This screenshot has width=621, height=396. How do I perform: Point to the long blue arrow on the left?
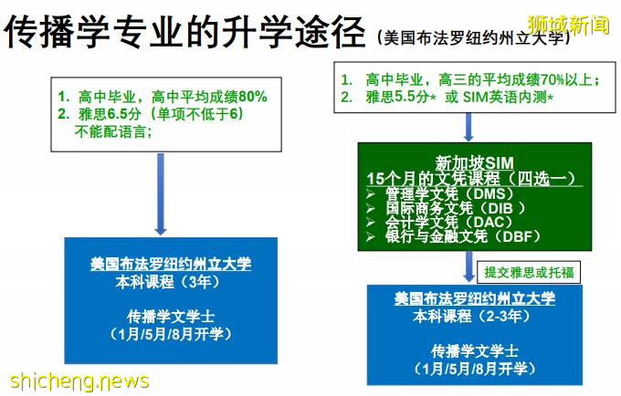163,193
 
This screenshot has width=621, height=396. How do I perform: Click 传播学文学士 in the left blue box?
169,317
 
